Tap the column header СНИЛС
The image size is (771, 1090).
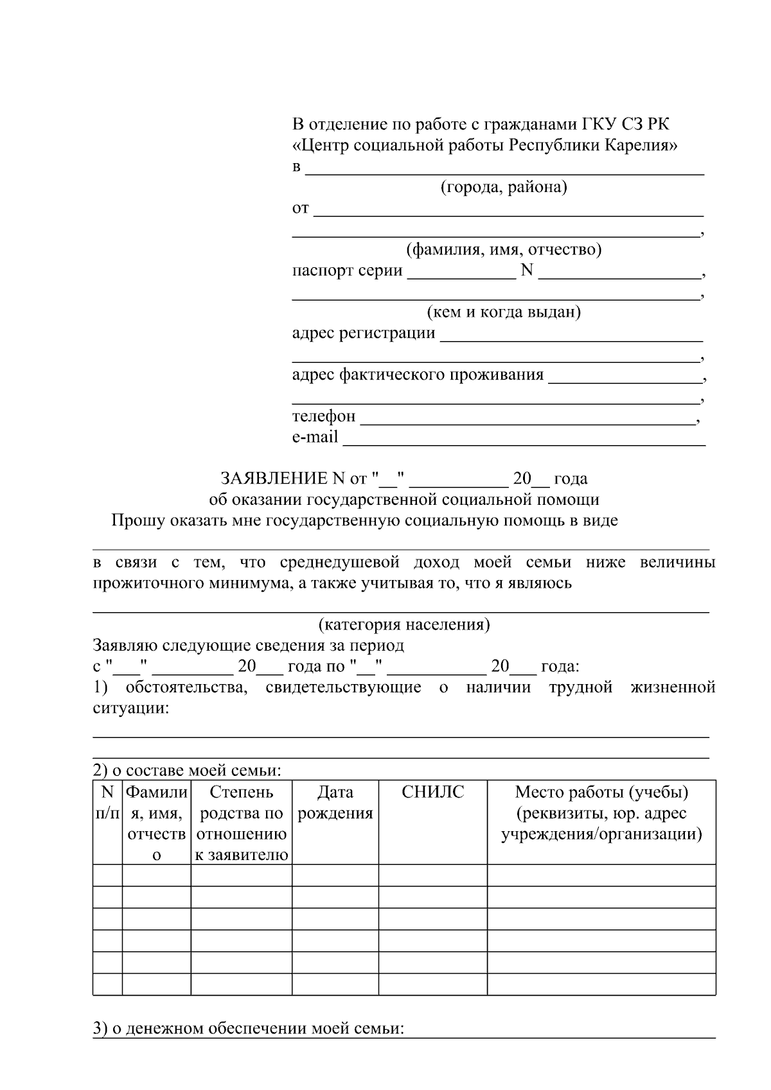pos(432,792)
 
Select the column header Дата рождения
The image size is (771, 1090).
pos(335,803)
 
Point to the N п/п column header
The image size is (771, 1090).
pos(107,803)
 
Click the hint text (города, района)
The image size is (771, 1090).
pos(503,187)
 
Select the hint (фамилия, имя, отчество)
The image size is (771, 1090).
pos(503,249)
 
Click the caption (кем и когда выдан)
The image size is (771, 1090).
pos(504,312)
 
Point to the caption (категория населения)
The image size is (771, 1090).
pos(404,624)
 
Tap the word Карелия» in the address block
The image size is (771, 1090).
pos(639,145)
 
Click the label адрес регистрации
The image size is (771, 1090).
pos(363,333)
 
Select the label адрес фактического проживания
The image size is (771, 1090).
pos(418,374)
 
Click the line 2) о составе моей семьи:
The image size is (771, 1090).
pos(188,770)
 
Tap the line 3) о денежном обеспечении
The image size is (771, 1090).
pos(249,1028)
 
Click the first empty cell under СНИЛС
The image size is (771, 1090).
pos(432,875)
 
